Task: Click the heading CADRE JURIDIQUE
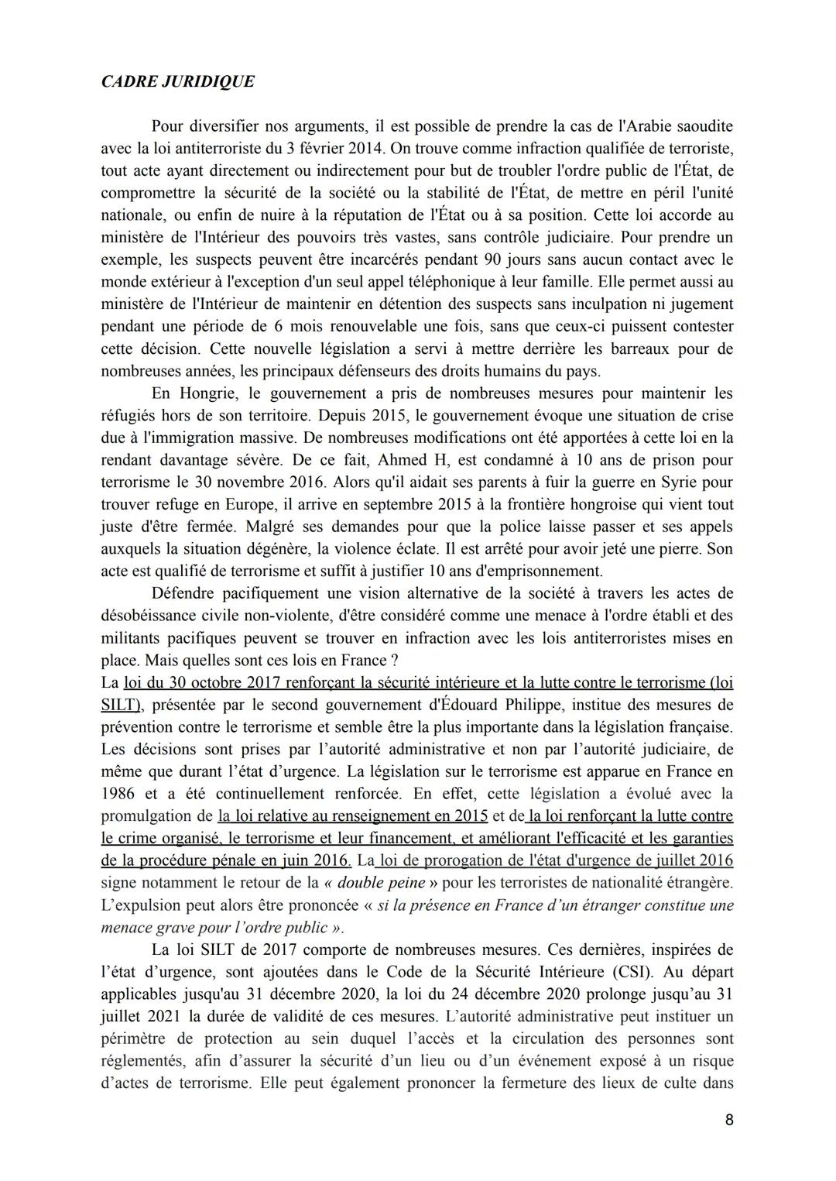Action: [177, 82]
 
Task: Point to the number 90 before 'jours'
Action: [496, 259]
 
